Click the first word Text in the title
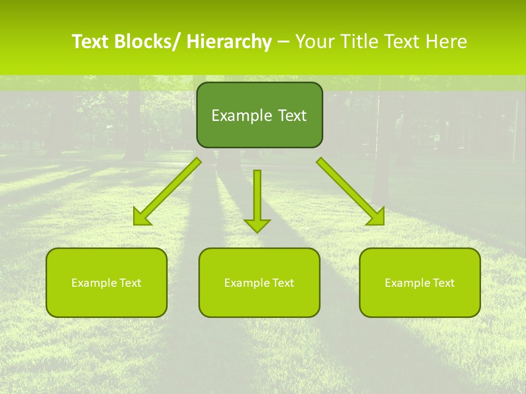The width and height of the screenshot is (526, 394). pyautogui.click(x=90, y=42)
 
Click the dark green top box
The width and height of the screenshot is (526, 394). pyautogui.click(x=259, y=115)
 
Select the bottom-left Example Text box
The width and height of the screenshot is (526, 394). pyautogui.click(x=106, y=282)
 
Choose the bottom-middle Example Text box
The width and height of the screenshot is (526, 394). pyautogui.click(x=259, y=282)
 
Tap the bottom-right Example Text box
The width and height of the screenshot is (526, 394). pyautogui.click(x=420, y=282)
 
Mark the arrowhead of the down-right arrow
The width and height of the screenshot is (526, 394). pyautogui.click(x=380, y=221)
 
